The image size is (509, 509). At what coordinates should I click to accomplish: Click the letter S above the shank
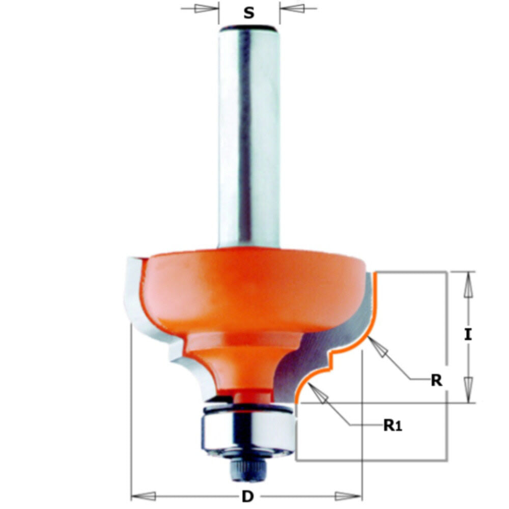(248, 13)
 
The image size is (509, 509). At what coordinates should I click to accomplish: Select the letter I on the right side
(469, 334)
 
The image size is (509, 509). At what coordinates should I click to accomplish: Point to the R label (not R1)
(436, 380)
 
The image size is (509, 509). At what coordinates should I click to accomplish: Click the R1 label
(392, 425)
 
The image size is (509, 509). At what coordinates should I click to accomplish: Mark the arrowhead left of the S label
(204, 9)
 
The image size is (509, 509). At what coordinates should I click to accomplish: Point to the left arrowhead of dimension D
(145, 495)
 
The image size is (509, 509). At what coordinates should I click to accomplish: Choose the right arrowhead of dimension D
(349, 495)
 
